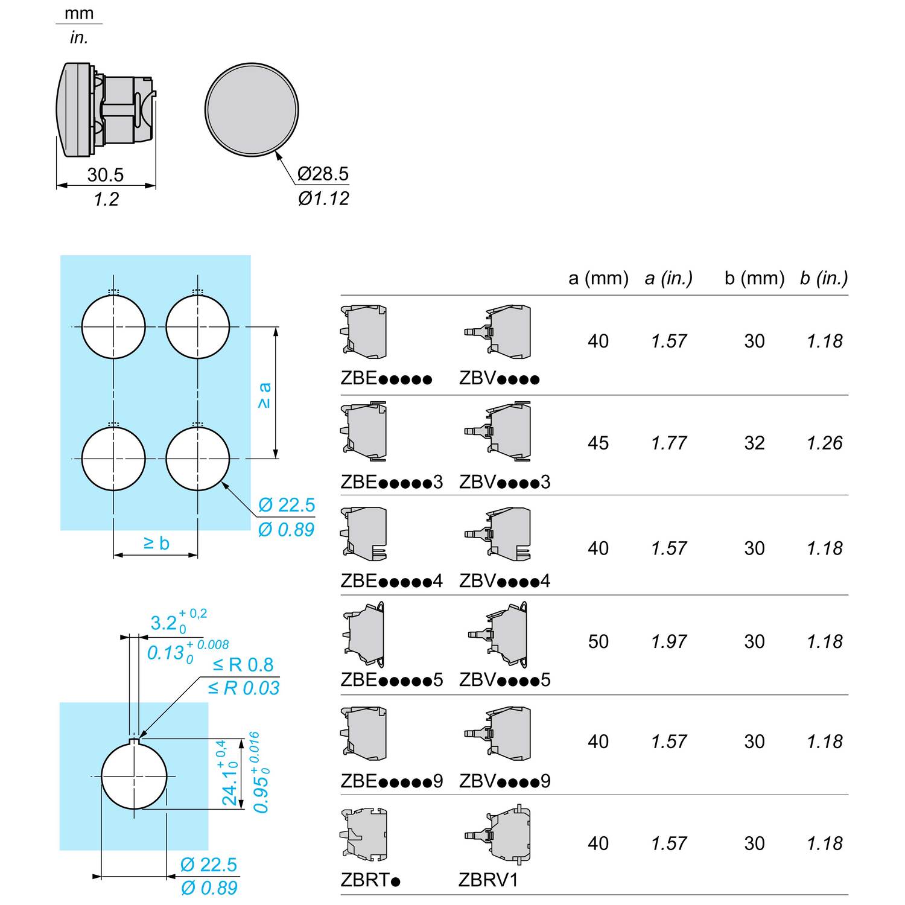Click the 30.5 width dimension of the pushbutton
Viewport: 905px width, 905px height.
tap(106, 175)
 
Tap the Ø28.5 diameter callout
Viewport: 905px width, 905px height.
tap(323, 174)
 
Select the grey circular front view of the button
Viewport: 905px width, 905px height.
tap(252, 110)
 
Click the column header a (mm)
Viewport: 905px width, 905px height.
tap(599, 278)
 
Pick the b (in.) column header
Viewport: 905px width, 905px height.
tap(824, 278)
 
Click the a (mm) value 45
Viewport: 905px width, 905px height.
tap(599, 443)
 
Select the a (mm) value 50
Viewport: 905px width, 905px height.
tap(599, 641)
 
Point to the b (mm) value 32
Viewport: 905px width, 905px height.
tap(755, 443)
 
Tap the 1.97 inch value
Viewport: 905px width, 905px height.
tap(669, 641)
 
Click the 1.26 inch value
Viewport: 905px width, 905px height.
tap(825, 443)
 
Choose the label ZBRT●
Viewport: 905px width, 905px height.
tap(370, 880)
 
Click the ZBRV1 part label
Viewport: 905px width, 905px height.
tap(489, 880)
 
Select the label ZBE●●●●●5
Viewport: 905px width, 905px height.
tap(392, 680)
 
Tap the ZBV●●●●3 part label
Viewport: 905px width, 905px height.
tap(505, 482)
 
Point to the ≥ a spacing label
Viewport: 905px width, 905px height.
tap(264, 395)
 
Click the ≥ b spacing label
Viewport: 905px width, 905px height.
tap(156, 543)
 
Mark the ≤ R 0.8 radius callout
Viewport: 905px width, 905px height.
tap(243, 665)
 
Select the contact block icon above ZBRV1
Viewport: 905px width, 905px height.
tap(498, 834)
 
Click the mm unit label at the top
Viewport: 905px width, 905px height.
tap(79, 13)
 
